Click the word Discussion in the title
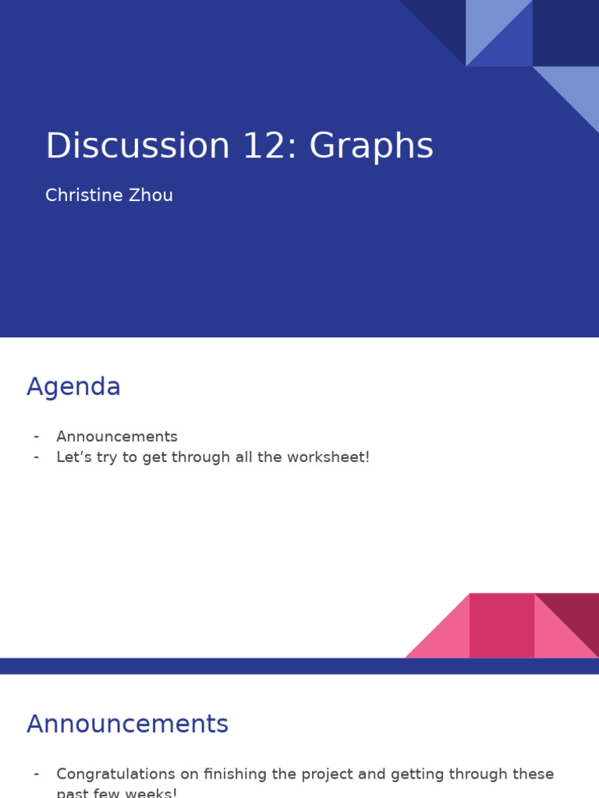tap(137, 146)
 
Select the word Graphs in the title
tap(371, 147)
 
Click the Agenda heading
tap(73, 387)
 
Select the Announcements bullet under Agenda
tap(117, 436)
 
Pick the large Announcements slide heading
tap(127, 724)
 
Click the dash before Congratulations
tap(37, 774)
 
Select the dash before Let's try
tap(37, 457)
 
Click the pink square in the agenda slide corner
tap(502, 625)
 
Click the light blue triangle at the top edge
tap(487, 27)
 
